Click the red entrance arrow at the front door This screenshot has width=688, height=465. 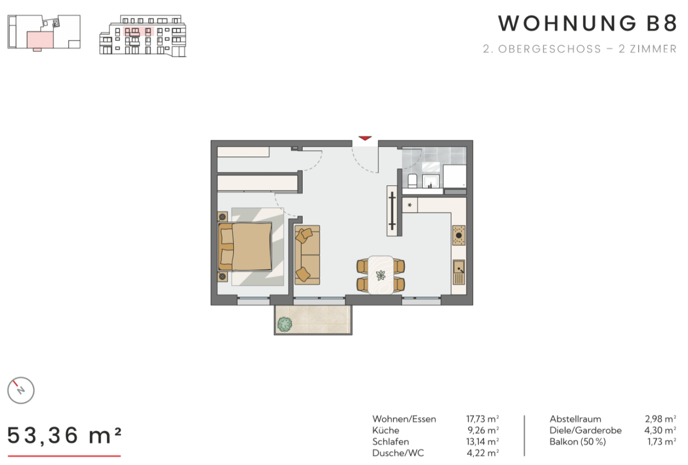pyautogui.click(x=365, y=138)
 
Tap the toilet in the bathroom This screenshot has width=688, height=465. pyautogui.click(x=412, y=181)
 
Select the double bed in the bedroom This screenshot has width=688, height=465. pyautogui.click(x=246, y=246)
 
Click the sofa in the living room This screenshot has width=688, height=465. pyautogui.click(x=307, y=255)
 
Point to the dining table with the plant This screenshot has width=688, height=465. pyautogui.click(x=381, y=275)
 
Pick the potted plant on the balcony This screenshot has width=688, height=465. pyautogui.click(x=285, y=324)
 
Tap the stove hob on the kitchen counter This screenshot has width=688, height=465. pyautogui.click(x=459, y=236)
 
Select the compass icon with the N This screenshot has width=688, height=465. pyautogui.click(x=21, y=390)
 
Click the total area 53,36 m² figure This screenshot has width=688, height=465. pyautogui.click(x=65, y=436)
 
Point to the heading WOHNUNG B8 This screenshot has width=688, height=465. pyautogui.click(x=587, y=24)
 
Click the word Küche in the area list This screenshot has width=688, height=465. pyautogui.click(x=386, y=430)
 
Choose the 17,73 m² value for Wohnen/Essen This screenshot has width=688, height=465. pyautogui.click(x=482, y=419)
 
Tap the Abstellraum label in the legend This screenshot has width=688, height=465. pyautogui.click(x=575, y=419)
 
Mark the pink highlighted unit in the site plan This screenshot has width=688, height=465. pyautogui.click(x=40, y=39)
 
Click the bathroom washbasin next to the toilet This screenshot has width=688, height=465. pyautogui.click(x=431, y=181)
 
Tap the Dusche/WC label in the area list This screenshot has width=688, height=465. pyautogui.click(x=398, y=453)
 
